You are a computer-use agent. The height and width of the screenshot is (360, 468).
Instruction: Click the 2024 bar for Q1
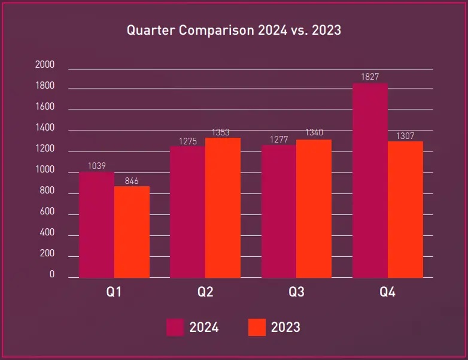pyautogui.click(x=96, y=225)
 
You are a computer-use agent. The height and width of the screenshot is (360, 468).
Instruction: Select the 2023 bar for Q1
pyautogui.click(x=132, y=232)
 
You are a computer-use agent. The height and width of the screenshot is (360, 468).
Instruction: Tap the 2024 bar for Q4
pyautogui.click(x=370, y=180)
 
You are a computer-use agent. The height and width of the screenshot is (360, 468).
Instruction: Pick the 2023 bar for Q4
pyautogui.click(x=405, y=210)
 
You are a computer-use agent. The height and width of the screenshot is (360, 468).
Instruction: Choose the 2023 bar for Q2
pyautogui.click(x=223, y=208)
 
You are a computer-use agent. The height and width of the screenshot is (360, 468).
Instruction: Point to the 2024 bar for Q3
pyautogui.click(x=279, y=211)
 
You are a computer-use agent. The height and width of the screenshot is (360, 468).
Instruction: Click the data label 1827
pyautogui.click(x=370, y=77)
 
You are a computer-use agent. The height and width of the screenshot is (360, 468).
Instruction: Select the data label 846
pyautogui.click(x=132, y=180)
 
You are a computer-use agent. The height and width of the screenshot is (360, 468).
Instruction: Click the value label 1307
pyautogui.click(x=405, y=136)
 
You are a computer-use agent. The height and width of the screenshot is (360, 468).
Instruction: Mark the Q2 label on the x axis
pyautogui.click(x=205, y=292)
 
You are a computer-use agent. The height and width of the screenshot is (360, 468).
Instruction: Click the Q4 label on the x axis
pyautogui.click(x=387, y=292)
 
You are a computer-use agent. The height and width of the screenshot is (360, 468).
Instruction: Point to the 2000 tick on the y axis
pyautogui.click(x=45, y=65)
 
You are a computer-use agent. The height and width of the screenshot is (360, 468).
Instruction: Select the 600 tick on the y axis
pyautogui.click(x=47, y=212)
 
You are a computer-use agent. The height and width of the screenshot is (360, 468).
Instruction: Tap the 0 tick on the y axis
pyautogui.click(x=52, y=275)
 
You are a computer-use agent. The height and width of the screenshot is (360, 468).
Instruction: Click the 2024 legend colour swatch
pyautogui.click(x=175, y=327)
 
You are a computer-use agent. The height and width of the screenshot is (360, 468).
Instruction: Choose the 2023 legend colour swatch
pyautogui.click(x=257, y=327)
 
